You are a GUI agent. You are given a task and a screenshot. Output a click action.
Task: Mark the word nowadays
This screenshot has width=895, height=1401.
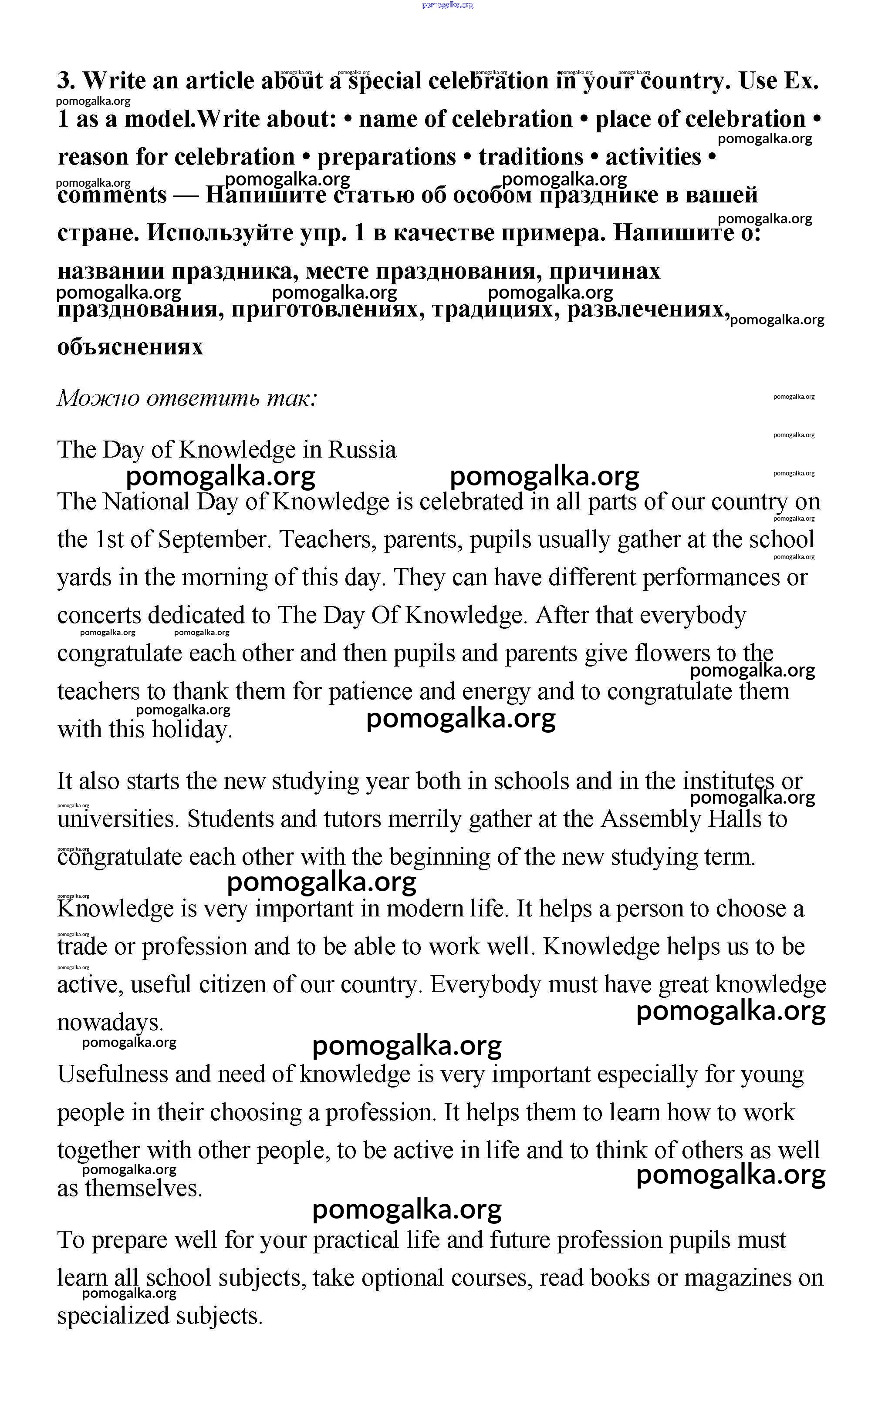(110, 1022)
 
